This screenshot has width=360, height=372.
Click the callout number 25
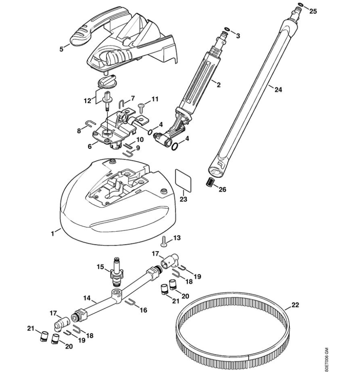tap(313, 12)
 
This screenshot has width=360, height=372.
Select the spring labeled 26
tap(210, 181)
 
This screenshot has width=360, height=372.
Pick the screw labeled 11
tap(141, 107)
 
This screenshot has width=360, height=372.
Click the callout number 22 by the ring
tap(295, 305)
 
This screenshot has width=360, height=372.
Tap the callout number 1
tap(53, 233)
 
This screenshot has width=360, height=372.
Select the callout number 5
tap(62, 49)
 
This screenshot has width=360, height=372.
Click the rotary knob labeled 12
tap(107, 81)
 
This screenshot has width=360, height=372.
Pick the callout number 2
tap(219, 85)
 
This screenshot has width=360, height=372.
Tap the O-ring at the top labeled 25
tap(300, 5)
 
